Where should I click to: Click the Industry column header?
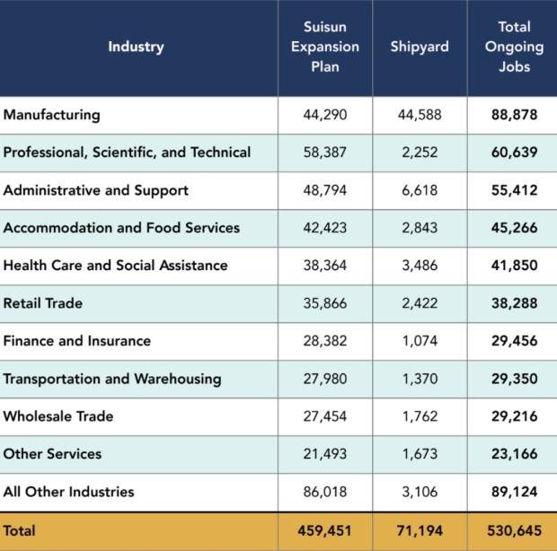pos(137,47)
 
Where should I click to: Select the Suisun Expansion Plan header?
pos(325,47)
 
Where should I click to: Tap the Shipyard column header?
pos(420,47)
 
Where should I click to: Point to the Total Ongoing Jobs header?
pos(514,47)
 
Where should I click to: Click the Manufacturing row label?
pos(52,115)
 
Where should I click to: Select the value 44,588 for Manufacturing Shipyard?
pos(420,115)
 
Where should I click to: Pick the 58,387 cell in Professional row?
pos(325,153)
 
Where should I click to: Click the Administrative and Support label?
pos(96,190)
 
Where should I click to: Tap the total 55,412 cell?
pos(514,190)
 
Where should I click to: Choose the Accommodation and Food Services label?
pos(121,228)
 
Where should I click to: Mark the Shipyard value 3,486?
pos(420,266)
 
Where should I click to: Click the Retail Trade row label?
pos(43,303)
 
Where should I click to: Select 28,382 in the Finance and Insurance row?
pos(325,341)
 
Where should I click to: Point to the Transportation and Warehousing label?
pos(112,379)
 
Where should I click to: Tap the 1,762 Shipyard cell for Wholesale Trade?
pos(420,416)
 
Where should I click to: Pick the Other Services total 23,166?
pos(514,454)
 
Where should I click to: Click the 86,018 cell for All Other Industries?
pos(325,492)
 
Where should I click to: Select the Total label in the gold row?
pos(20,531)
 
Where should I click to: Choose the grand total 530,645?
pos(514,531)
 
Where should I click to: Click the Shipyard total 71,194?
pos(420,531)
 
